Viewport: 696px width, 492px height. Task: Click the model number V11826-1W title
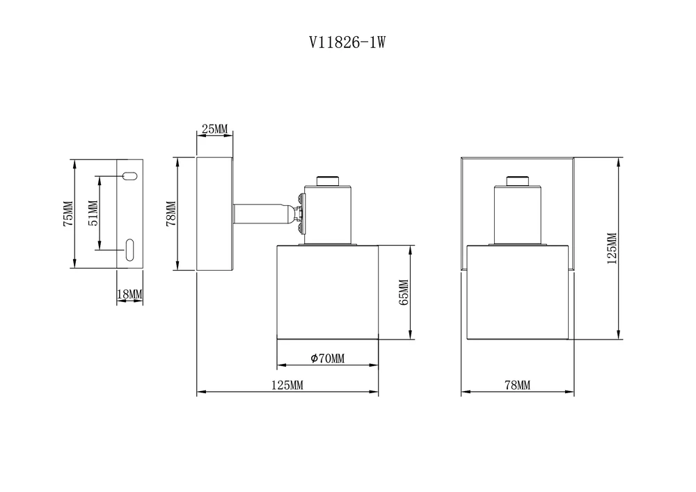347,42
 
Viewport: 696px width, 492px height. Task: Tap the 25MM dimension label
215,129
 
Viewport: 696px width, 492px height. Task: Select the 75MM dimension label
68,214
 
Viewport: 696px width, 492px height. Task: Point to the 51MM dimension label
93,214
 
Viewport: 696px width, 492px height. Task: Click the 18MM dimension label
129,294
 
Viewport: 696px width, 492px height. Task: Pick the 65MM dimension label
404,292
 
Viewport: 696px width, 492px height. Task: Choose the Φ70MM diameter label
328,358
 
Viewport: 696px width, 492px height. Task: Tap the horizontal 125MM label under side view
287,385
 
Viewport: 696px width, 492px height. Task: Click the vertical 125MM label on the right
612,248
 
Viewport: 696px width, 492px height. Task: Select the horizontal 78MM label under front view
518,385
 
